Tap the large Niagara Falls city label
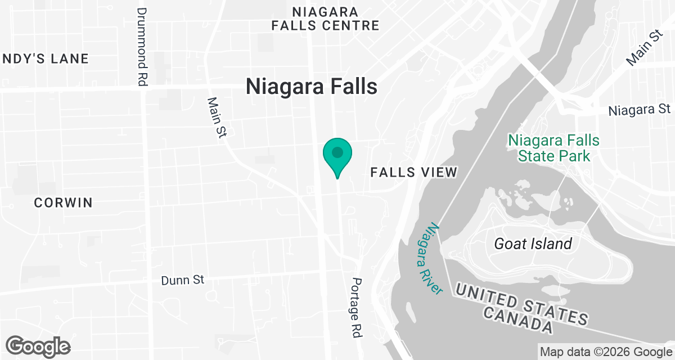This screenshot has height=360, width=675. tap(311, 87)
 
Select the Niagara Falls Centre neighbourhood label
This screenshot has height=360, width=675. tap(325, 19)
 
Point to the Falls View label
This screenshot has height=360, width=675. tap(414, 173)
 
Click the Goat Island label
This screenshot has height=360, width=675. tap(533, 244)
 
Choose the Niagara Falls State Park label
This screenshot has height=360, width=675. tap(554, 148)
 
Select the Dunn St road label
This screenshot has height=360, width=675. tap(182, 280)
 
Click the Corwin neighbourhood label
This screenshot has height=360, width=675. tap(63, 203)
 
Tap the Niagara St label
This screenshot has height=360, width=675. tap(640, 110)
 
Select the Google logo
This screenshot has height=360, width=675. tap(38, 346)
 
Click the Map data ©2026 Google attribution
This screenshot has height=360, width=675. tap(605, 352)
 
